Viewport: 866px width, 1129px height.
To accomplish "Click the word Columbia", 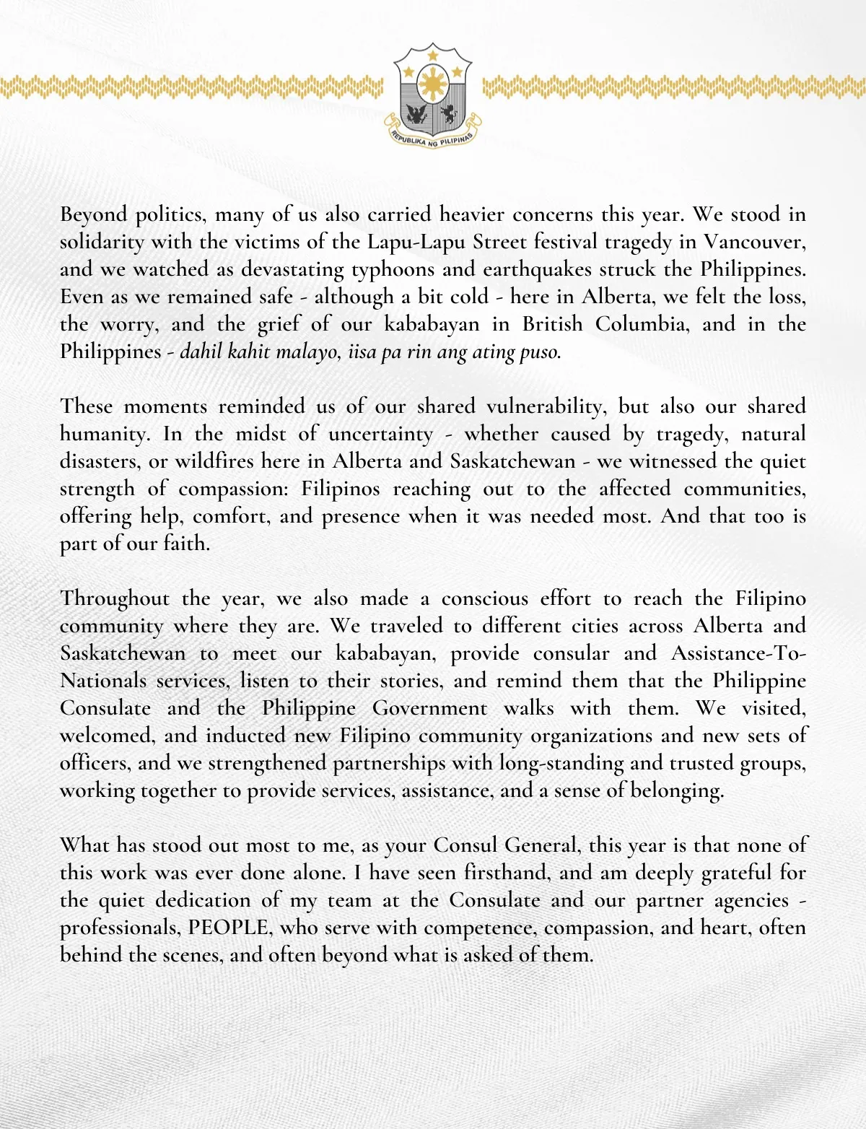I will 642,323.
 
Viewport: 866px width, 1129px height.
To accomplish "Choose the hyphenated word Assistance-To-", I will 738,653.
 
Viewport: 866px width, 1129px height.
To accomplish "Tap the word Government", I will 429,708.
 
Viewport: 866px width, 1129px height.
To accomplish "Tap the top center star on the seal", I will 432,55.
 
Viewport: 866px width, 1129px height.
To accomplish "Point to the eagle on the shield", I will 417,114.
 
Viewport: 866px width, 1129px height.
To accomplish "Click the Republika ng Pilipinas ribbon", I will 432,139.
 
